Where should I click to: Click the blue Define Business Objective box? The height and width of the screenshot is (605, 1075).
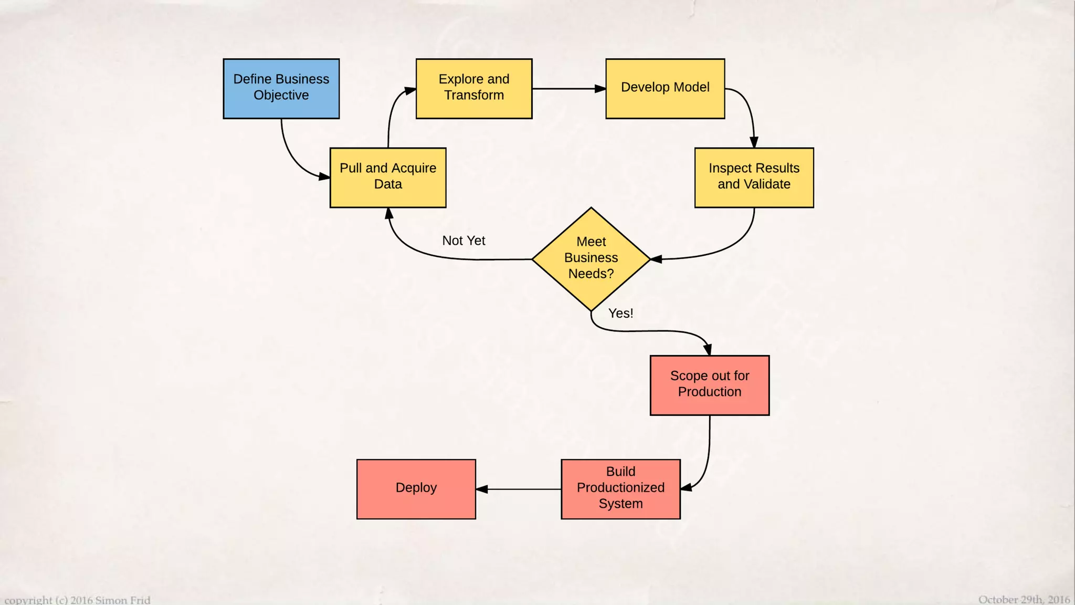(281, 88)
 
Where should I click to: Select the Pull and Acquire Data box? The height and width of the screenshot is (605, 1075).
(388, 178)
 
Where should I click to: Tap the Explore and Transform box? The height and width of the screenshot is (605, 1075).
(473, 88)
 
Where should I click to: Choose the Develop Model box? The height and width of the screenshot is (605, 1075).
(665, 88)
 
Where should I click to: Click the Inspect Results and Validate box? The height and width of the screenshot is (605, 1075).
(754, 178)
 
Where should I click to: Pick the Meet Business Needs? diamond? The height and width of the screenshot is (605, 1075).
(591, 258)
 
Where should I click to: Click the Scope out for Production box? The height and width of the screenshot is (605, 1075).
(710, 385)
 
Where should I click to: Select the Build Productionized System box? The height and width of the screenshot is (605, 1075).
(620, 489)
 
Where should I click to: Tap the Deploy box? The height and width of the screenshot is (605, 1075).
(416, 489)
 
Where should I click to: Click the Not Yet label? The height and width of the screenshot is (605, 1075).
(463, 241)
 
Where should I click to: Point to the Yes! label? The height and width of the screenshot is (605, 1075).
(620, 313)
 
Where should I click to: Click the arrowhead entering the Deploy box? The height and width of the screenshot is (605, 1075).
(482, 489)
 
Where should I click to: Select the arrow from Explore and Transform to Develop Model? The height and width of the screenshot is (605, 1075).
(564, 89)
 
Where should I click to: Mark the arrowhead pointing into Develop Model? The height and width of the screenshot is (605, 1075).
(600, 89)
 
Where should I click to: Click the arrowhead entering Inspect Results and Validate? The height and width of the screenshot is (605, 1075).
(754, 142)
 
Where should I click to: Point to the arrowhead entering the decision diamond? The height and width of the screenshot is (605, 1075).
(656, 259)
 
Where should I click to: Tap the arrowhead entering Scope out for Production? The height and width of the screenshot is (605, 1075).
(708, 350)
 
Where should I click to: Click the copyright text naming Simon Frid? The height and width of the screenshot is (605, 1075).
(78, 600)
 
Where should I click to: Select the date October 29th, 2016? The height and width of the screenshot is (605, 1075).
(1024, 599)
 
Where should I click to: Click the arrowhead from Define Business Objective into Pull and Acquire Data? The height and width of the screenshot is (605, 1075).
(324, 176)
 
